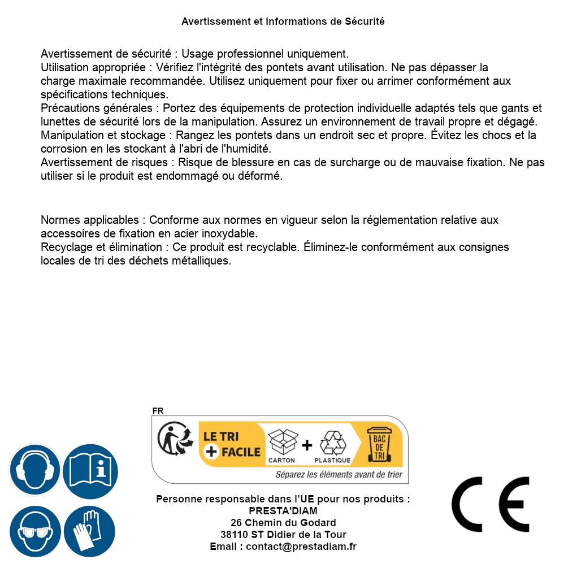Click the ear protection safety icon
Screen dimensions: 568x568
[35, 470]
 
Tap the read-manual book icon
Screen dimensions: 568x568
[90, 470]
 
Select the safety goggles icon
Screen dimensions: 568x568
[35, 532]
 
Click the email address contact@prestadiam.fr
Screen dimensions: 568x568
[301, 547]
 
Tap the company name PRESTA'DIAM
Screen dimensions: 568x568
[283, 511]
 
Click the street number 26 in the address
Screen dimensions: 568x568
[236, 523]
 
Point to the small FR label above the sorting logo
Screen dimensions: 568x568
[158, 411]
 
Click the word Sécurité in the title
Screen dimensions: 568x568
[365, 21]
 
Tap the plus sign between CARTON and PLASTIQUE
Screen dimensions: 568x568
[307, 445]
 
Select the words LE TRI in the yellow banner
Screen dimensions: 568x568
[222, 437]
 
